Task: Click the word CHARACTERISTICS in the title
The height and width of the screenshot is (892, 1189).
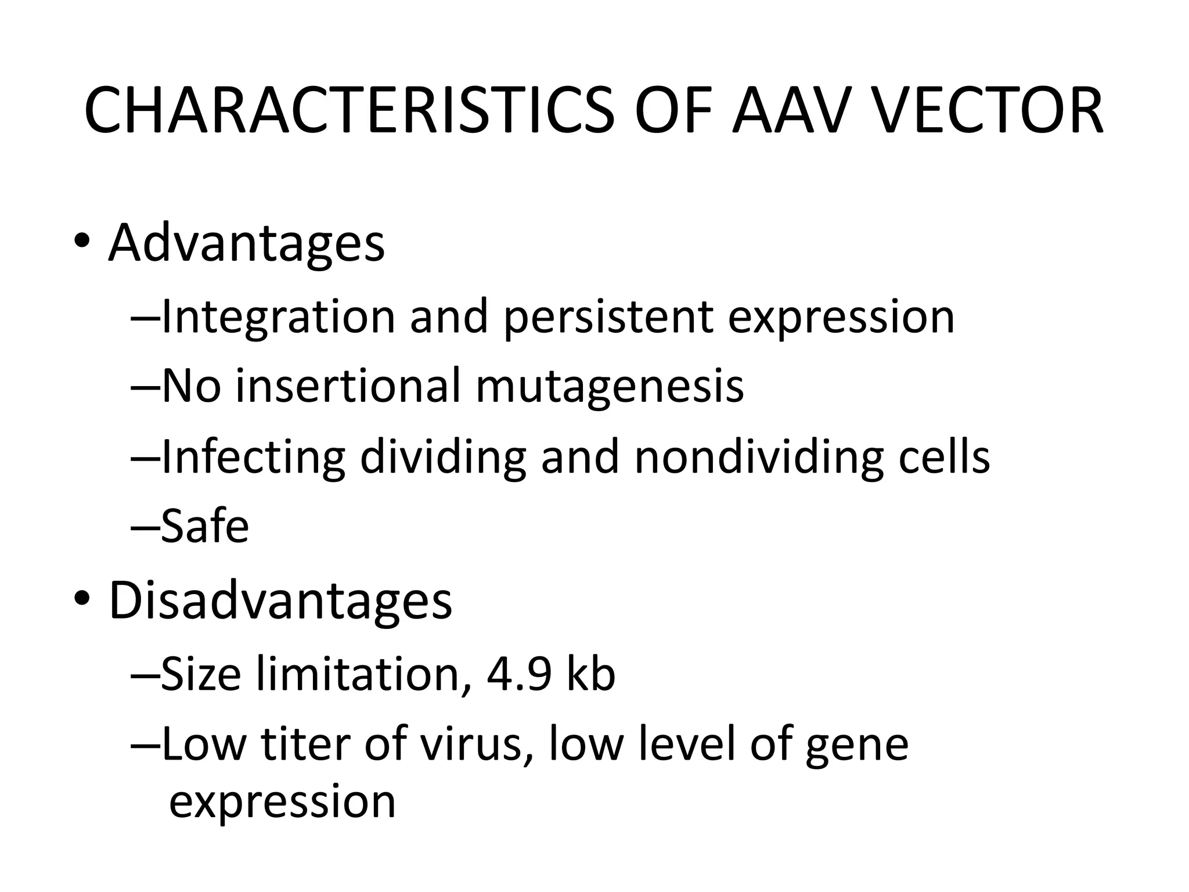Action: tap(348, 110)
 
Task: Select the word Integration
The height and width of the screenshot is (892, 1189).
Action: tap(278, 317)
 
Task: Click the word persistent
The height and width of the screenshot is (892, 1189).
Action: tap(607, 317)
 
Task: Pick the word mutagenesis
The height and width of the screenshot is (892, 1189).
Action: tap(610, 387)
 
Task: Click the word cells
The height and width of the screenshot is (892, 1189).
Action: tap(945, 457)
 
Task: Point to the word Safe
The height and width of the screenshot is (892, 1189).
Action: tap(205, 526)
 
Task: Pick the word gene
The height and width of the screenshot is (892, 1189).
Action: tap(856, 746)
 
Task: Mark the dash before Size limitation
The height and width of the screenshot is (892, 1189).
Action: tap(145, 675)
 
